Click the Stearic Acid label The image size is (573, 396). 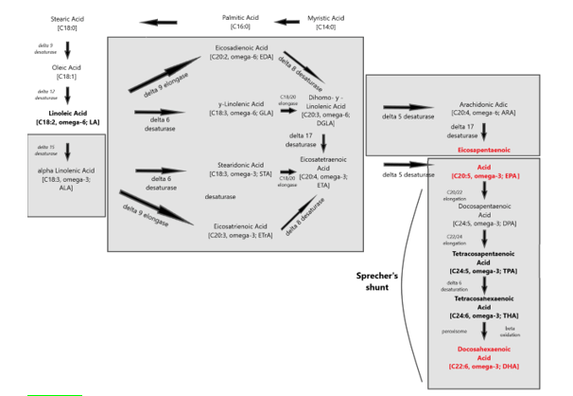pyautogui.click(x=67, y=23)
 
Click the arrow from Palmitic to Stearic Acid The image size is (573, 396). pyautogui.click(x=158, y=22)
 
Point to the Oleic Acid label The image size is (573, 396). pyautogui.click(x=67, y=72)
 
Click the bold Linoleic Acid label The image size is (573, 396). pyautogui.click(x=67, y=117)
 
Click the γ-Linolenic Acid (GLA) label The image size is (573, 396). pyautogui.click(x=241, y=109)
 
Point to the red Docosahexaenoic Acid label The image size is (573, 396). pyautogui.click(x=484, y=357)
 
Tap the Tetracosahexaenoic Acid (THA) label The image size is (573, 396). pyautogui.click(x=484, y=308)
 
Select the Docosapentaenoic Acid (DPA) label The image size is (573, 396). pyautogui.click(x=484, y=216)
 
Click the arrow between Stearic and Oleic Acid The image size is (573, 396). pyautogui.click(x=67, y=48)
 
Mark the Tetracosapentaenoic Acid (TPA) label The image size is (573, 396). pyautogui.click(x=484, y=262)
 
